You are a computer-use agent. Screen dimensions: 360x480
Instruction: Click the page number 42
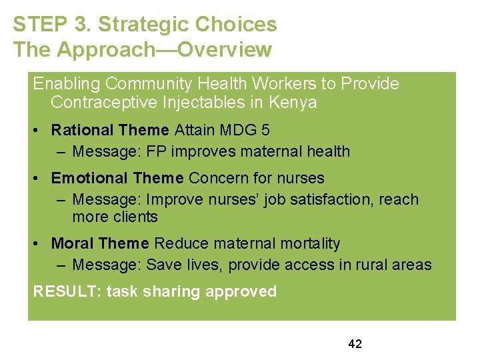[x=355, y=344]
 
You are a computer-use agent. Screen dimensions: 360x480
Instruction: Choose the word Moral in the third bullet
[x=72, y=243]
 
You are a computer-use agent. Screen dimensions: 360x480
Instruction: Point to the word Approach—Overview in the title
[x=165, y=50]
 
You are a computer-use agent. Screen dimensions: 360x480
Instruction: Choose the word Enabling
[x=67, y=84]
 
